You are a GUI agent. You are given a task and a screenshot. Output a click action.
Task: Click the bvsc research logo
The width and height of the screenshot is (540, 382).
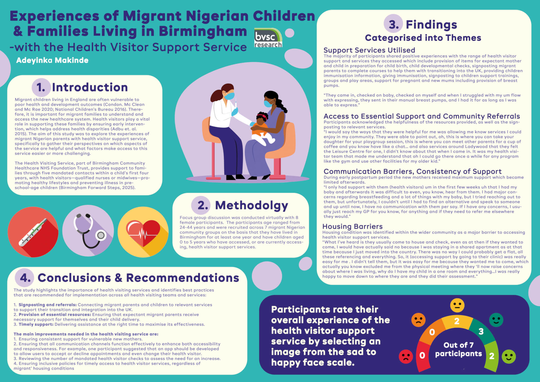pyautogui.click(x=268, y=38)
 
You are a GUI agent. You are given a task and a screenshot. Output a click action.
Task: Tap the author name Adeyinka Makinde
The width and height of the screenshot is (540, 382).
pyautogui.click(x=52, y=60)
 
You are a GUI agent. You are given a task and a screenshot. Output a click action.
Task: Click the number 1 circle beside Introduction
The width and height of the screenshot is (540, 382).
pyautogui.click(x=41, y=87)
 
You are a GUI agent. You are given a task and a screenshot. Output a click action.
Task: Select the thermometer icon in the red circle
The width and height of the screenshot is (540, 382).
pyautogui.click(x=33, y=232)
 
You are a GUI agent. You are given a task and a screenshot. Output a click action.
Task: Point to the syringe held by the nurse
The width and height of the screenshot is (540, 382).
pyautogui.click(x=236, y=104)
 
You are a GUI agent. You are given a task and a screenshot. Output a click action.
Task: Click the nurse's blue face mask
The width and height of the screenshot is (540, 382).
pyautogui.click(x=229, y=96)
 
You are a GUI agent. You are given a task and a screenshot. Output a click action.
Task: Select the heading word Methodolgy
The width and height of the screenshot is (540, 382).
pyautogui.click(x=251, y=205)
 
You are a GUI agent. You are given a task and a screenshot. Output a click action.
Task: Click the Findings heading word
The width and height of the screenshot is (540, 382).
pyautogui.click(x=431, y=25)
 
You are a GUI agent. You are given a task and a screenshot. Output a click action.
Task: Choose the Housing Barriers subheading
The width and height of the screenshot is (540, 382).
pyautogui.click(x=352, y=226)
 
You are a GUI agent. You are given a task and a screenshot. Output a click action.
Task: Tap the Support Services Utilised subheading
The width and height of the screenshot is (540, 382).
pyautogui.click(x=369, y=50)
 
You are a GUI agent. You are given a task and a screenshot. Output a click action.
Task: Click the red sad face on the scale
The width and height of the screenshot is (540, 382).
pyautogui.click(x=406, y=356)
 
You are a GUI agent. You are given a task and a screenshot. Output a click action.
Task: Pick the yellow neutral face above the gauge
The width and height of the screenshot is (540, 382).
pyautogui.click(x=457, y=305)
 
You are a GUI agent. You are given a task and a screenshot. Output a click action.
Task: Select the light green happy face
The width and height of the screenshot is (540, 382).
pyautogui.click(x=509, y=356)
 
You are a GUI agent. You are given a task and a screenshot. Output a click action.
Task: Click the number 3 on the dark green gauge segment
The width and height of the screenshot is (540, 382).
pyautogui.click(x=481, y=331)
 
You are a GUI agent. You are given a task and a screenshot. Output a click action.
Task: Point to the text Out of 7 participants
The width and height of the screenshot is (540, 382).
pyautogui.click(x=458, y=349)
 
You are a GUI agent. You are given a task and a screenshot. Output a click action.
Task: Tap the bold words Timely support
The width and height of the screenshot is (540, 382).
pyautogui.click(x=36, y=324)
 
